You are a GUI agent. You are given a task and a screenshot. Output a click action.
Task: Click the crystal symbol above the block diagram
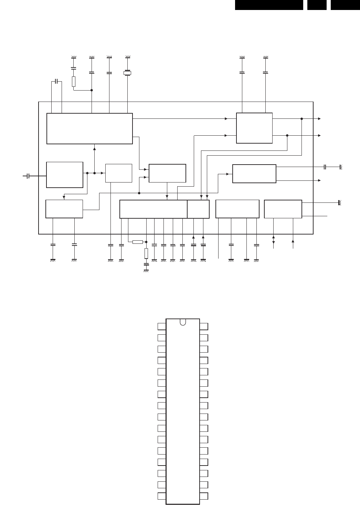[127, 73]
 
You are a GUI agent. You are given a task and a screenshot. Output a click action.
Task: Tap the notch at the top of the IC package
[183, 322]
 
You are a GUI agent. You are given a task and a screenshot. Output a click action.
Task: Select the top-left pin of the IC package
[162, 326]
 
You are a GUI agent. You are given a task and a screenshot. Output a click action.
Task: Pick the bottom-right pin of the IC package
[204, 496]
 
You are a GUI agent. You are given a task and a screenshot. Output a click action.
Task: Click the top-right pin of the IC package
[204, 326]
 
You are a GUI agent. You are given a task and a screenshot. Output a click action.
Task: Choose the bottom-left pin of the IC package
[162, 496]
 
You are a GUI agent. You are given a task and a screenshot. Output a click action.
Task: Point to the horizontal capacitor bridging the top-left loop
[56, 82]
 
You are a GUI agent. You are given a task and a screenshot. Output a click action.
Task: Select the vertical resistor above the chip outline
[74, 82]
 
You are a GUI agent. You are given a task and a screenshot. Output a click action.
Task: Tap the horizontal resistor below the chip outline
[137, 242]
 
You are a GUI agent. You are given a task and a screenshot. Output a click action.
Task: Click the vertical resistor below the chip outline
[146, 253]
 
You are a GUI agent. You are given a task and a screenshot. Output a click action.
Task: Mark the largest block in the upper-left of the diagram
[89, 128]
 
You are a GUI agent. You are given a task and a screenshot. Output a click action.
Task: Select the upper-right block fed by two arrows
[254, 128]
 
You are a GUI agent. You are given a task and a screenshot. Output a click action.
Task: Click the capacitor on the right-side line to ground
[325, 167]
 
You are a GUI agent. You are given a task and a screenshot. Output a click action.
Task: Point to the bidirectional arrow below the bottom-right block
[274, 240]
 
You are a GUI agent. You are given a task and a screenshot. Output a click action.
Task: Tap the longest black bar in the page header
[269, 5]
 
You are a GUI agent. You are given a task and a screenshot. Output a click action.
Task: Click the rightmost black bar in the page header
[345, 5]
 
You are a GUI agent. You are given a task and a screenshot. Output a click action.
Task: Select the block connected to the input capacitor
[65, 175]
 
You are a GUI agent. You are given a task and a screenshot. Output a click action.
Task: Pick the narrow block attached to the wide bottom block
[198, 209]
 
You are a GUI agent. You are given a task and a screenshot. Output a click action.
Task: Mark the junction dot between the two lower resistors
[146, 242]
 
